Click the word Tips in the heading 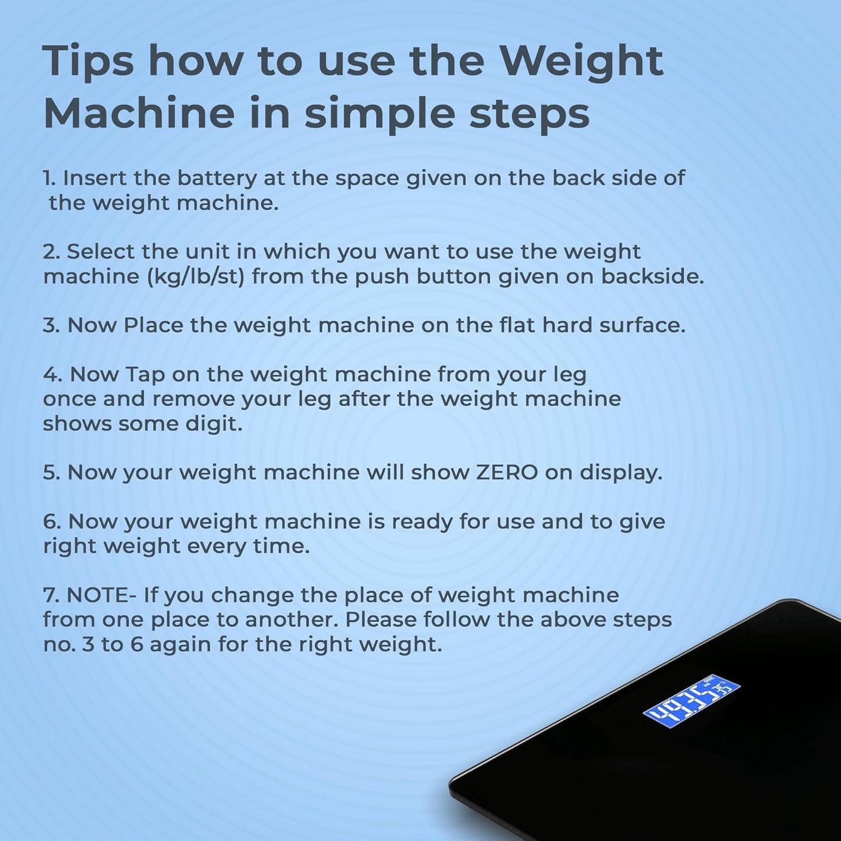[88, 62]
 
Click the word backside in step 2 [652, 276]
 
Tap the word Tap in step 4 [144, 375]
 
